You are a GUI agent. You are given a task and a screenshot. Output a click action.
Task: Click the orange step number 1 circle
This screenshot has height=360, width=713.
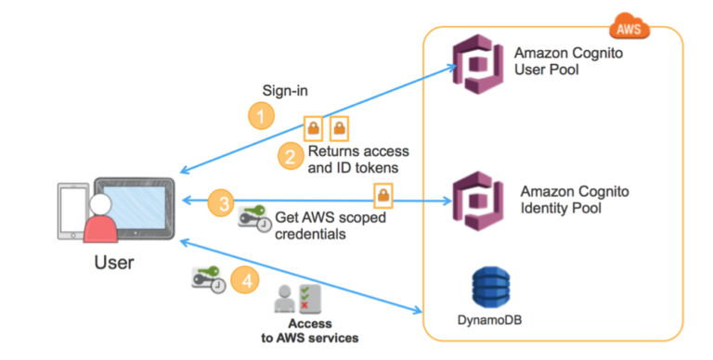[261, 116]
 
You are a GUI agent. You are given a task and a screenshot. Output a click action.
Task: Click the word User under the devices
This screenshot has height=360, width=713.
[114, 263]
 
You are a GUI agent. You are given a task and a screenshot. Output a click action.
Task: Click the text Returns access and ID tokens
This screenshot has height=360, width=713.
[357, 159]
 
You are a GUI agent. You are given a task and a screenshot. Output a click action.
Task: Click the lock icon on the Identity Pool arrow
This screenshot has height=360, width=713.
[382, 195]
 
